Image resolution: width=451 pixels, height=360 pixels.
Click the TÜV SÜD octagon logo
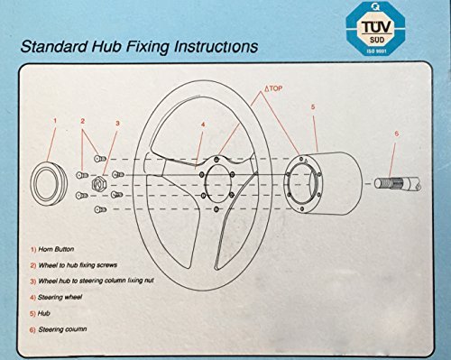tap(375, 28)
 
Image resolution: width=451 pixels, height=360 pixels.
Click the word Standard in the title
tap(54, 47)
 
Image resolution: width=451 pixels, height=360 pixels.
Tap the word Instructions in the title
tap(216, 47)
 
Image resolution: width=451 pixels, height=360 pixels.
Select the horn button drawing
tap(49, 183)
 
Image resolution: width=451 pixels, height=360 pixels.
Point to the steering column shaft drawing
tap(398, 183)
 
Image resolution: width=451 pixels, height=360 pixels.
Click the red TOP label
tap(273, 88)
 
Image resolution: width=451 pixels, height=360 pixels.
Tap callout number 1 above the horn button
tap(55, 121)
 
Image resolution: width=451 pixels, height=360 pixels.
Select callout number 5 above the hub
tap(313, 106)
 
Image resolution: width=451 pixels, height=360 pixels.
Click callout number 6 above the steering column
tap(396, 134)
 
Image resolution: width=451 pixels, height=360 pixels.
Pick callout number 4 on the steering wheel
tap(203, 125)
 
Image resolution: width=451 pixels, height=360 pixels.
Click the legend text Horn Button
tap(56, 249)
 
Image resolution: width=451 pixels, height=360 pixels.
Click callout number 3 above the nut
tap(117, 124)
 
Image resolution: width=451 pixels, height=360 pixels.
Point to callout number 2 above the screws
tap(82, 121)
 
